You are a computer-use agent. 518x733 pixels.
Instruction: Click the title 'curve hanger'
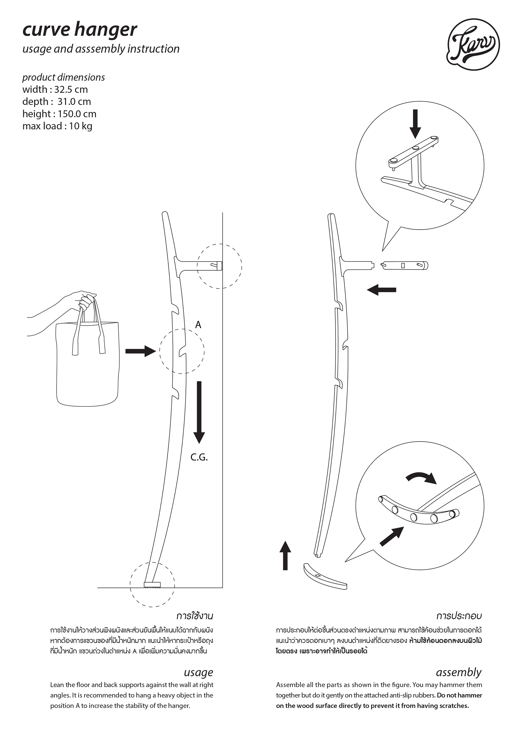pyautogui.click(x=80, y=30)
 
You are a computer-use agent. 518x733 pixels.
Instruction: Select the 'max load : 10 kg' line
pyautogui.click(x=57, y=126)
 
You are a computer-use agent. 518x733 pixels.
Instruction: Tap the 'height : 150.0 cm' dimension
pyautogui.click(x=59, y=114)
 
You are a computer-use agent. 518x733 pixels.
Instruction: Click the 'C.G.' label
pyautogui.click(x=199, y=457)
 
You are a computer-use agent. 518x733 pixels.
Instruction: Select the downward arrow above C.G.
pyautogui.click(x=199, y=412)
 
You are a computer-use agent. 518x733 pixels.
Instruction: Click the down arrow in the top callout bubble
pyautogui.click(x=415, y=124)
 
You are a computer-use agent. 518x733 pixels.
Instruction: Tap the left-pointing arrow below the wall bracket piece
pyautogui.click(x=381, y=290)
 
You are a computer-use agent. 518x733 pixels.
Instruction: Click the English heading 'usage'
pyautogui.click(x=198, y=672)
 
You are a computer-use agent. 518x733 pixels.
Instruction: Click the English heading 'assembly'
pyautogui.click(x=458, y=672)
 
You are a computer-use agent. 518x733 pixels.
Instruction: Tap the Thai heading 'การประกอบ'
pyautogui.click(x=459, y=616)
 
